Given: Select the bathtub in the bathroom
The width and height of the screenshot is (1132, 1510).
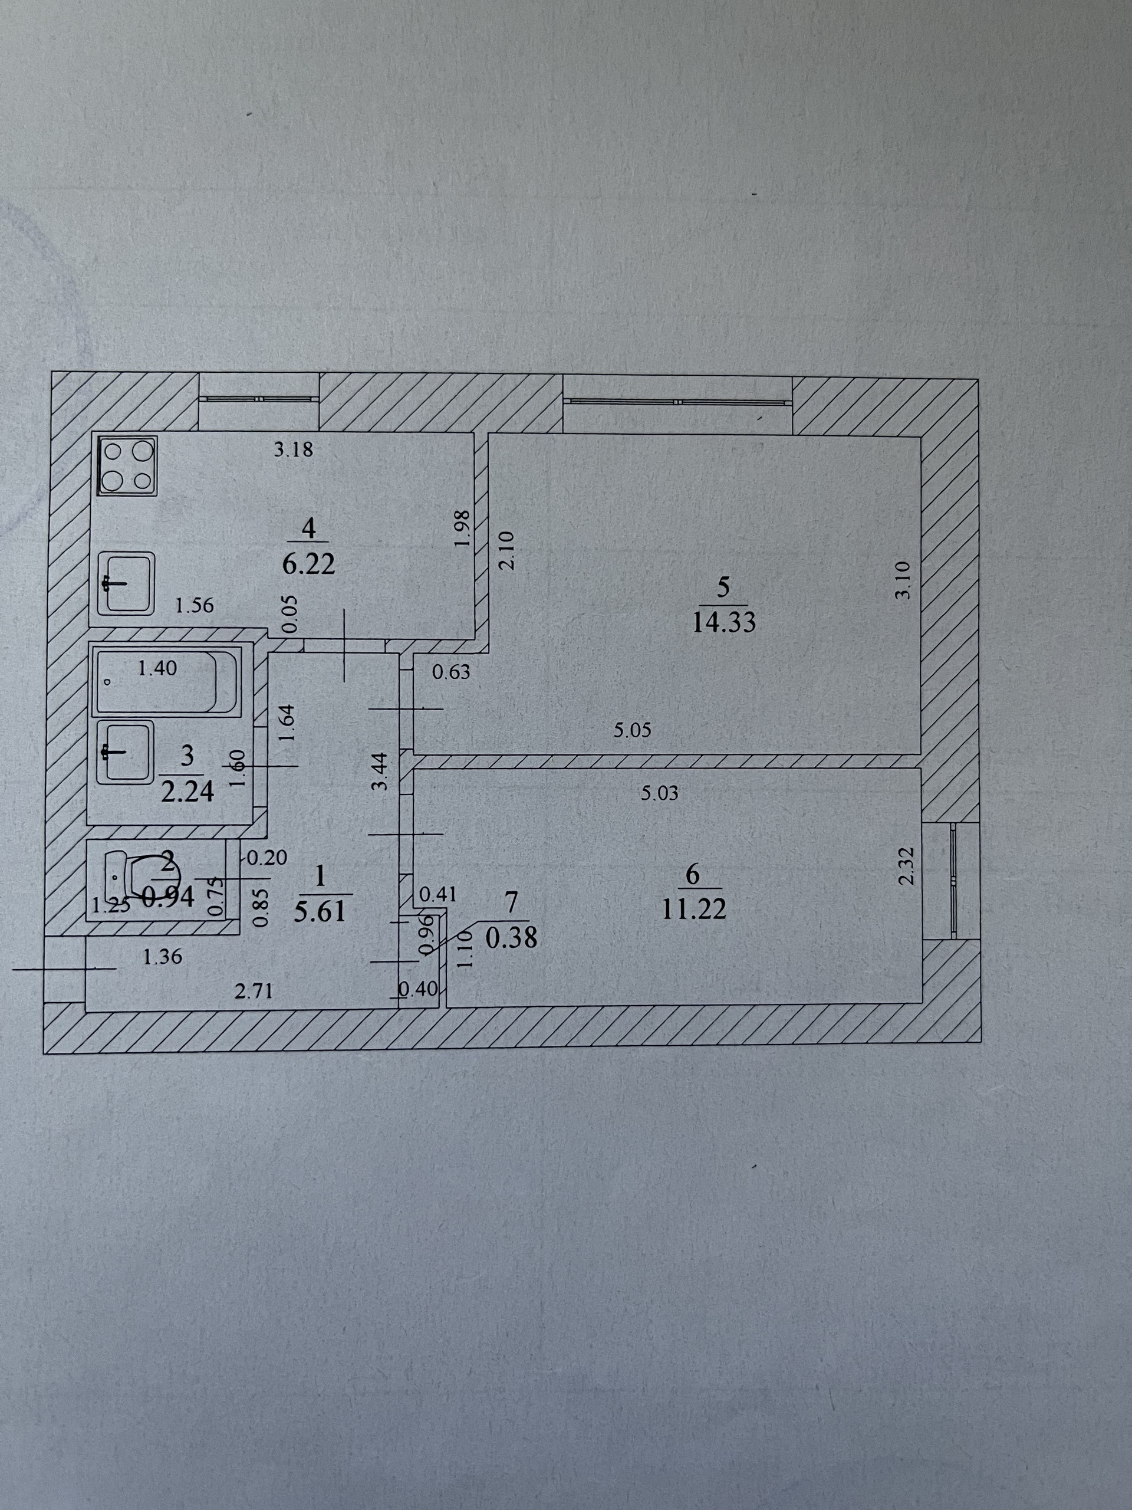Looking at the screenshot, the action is click(166, 681).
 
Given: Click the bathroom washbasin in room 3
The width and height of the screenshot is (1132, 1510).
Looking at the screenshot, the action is click(124, 752).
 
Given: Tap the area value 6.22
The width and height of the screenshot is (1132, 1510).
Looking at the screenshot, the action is click(309, 564).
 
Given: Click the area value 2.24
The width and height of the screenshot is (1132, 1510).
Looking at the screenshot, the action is click(187, 790).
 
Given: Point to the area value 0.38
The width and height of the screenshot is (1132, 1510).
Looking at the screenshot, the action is click(511, 938).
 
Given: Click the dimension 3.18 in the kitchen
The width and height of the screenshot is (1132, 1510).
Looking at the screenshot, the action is click(294, 450).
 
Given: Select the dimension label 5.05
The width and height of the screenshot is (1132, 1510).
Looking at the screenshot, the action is click(632, 730).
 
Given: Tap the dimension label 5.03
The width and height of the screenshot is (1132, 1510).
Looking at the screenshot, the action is click(660, 793).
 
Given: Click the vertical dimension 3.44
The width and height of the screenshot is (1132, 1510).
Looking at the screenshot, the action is click(380, 771).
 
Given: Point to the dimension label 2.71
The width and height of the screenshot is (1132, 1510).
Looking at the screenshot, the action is click(254, 990).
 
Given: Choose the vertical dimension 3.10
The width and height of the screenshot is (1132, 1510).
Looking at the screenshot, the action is click(902, 580).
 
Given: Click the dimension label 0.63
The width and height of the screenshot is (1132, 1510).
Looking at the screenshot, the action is click(451, 672).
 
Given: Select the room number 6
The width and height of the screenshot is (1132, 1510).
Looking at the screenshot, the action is click(693, 875).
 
